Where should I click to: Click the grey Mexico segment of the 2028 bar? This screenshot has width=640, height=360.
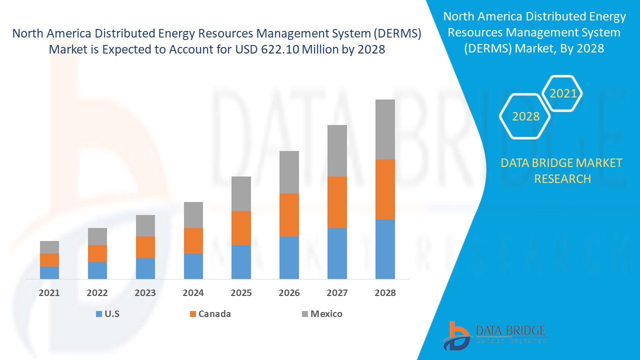[385, 129]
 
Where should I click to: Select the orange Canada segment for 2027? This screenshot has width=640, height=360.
[337, 202]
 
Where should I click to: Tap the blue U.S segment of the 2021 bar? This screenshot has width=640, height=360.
[49, 272]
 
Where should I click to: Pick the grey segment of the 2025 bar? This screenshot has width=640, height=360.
[241, 193]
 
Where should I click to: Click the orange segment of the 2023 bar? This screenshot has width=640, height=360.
[145, 247]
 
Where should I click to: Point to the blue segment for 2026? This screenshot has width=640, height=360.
[289, 257]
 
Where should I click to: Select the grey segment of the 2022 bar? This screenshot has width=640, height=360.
[97, 236]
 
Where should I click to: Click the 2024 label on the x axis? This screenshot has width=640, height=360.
[193, 293]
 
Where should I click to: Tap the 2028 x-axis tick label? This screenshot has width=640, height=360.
[385, 293]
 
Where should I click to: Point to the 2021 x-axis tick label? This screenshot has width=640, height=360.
[49, 293]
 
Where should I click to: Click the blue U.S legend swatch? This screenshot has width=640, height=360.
[98, 314]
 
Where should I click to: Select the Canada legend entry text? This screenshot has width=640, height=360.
[214, 314]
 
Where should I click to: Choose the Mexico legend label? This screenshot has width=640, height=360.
[326, 314]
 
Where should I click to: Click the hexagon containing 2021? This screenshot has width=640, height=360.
[563, 93]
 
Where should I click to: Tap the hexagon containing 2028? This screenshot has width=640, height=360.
[525, 116]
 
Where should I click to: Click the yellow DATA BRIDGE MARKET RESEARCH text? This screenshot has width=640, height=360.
[562, 170]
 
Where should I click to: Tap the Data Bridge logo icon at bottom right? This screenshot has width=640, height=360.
[455, 335]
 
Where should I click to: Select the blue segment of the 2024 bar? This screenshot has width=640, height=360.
[193, 266]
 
